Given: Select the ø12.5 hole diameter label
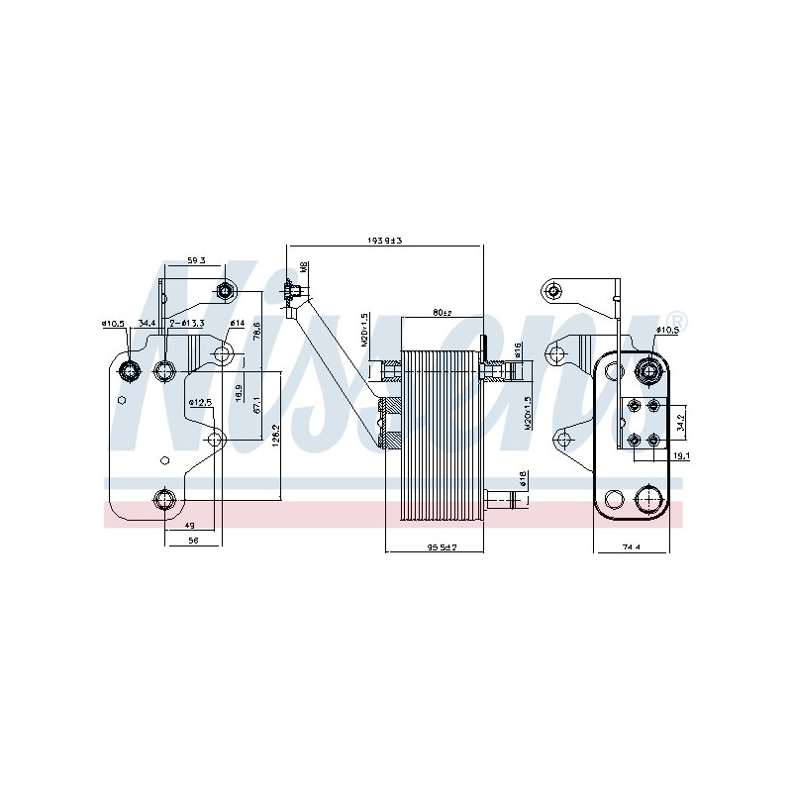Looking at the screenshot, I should click(x=201, y=402).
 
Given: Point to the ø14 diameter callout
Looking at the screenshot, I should click(x=237, y=323).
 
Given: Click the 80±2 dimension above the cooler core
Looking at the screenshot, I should click(x=442, y=313).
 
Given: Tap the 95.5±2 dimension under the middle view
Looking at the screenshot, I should click(x=441, y=547).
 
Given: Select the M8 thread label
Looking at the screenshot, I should click(x=305, y=266).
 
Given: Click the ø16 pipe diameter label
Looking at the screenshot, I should click(x=517, y=349).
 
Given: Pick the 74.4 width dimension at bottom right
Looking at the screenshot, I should click(x=632, y=546).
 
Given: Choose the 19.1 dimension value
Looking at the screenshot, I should click(x=680, y=456).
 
